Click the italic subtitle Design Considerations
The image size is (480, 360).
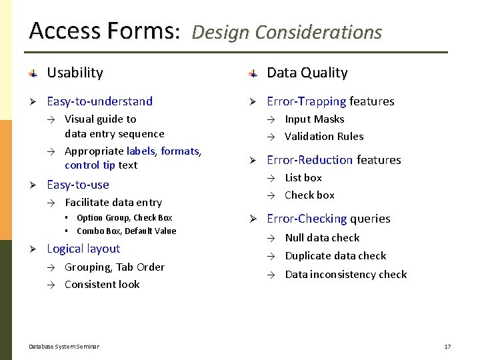(x=287, y=32)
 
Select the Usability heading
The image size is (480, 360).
(x=75, y=73)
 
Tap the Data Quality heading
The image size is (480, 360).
(x=307, y=73)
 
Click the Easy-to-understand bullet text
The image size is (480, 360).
(x=99, y=101)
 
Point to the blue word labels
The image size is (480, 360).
(x=140, y=151)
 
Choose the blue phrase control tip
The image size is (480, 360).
(x=90, y=165)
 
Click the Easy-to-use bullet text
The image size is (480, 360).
(x=77, y=185)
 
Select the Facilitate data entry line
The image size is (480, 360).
(x=113, y=203)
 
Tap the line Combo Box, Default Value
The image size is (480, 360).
(x=127, y=231)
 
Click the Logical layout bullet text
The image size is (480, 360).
(x=83, y=249)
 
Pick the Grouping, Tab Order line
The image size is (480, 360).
(x=115, y=267)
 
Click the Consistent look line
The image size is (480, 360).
(x=102, y=285)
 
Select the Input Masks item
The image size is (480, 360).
(x=315, y=119)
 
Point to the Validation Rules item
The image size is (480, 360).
(x=324, y=137)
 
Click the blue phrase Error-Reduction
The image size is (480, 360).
(x=310, y=160)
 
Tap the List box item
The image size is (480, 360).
(x=303, y=178)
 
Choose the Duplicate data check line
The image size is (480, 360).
(x=335, y=256)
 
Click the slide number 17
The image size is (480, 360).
(x=447, y=347)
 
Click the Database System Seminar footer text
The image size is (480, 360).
(x=64, y=347)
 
